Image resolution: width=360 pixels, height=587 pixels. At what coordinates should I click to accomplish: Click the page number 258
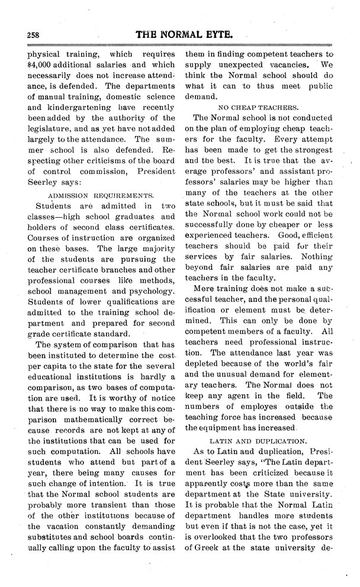pyautogui.click(x=25, y=36)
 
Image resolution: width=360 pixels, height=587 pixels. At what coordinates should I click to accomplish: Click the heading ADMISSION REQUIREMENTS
pyautogui.click(x=98, y=195)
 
